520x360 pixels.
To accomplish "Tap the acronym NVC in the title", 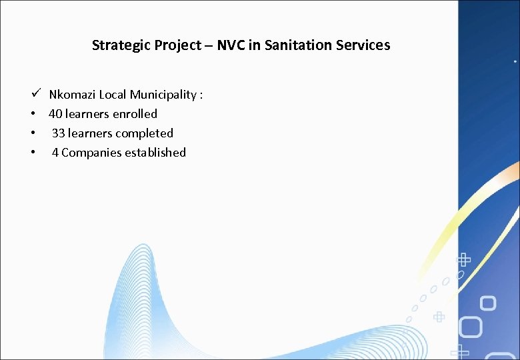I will click(x=231, y=45).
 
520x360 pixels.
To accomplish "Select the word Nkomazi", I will click(x=73, y=95).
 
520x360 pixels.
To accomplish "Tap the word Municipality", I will click(x=162, y=95).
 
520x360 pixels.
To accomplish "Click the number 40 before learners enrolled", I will click(x=55, y=114).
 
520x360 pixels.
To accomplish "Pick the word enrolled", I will click(x=135, y=114).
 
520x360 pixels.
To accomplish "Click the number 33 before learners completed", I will click(x=58, y=133).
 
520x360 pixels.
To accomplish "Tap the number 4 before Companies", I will click(x=55, y=153).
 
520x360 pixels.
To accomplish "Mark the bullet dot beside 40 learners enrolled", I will click(x=32, y=114).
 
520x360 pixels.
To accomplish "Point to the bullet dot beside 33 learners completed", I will click(x=32, y=133).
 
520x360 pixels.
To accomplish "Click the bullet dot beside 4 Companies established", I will click(x=32, y=153).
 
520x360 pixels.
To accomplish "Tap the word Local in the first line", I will click(x=113, y=95).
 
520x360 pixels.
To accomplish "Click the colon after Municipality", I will click(x=201, y=95).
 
